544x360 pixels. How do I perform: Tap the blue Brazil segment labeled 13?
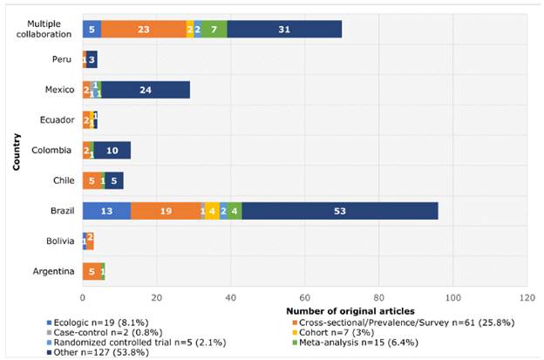click(105, 211)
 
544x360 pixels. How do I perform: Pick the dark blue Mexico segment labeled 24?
click(146, 90)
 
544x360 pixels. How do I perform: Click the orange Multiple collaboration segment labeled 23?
click(143, 29)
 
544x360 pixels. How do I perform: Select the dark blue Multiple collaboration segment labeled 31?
click(284, 29)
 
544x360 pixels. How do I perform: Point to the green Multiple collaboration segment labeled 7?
click(214, 29)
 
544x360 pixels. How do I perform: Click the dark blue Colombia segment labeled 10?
click(112, 151)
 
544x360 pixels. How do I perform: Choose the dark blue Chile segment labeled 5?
click(114, 180)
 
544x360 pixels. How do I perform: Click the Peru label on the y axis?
click(62, 59)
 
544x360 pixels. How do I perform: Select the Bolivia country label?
click(58, 241)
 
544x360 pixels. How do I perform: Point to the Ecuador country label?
click(56, 120)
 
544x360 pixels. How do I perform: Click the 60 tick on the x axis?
click(304, 296)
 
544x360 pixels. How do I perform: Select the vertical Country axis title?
click(16, 151)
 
